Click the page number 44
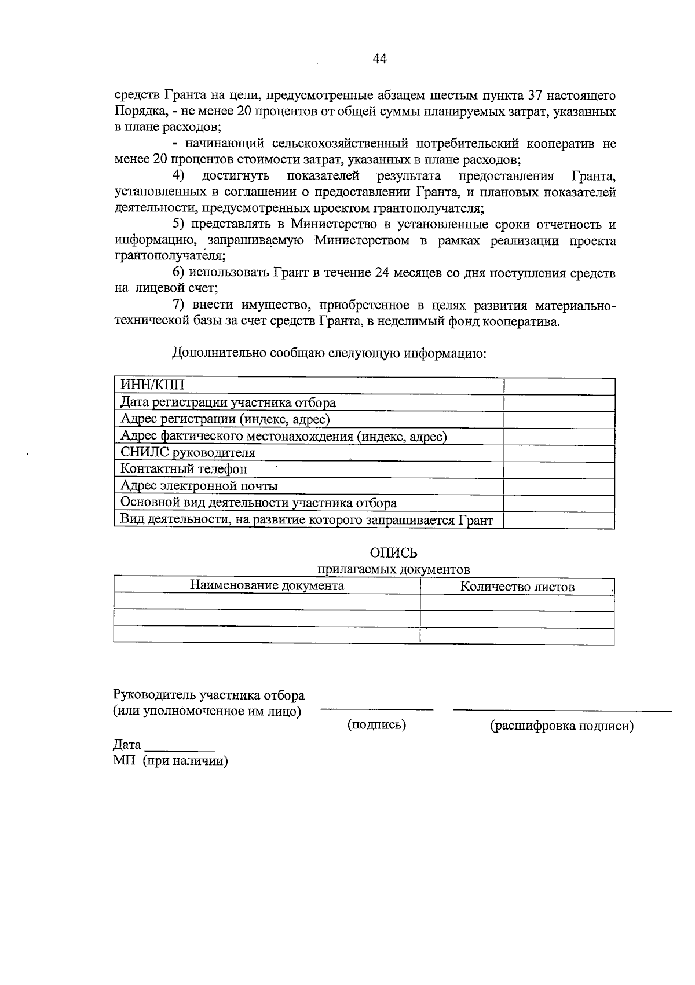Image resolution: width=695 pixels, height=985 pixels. pos(380,58)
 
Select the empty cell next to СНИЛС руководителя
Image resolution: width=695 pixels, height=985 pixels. pos(559,453)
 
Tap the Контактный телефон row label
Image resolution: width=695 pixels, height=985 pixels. pos(184,468)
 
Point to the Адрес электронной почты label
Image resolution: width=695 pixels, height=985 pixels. pos(199,486)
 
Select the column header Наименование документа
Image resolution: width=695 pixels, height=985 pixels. pos(267,585)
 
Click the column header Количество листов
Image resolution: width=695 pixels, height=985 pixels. pos(517,587)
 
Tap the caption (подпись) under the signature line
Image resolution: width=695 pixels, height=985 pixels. pos(376,724)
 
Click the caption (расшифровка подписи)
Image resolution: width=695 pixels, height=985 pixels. pos(562,726)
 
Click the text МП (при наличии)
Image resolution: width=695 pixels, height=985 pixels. pos(170,761)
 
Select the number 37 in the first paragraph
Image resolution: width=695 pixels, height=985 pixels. pos(536,95)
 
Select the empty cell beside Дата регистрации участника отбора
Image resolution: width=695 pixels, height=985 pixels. pos(559,403)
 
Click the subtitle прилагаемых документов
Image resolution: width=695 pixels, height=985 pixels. pos(393,569)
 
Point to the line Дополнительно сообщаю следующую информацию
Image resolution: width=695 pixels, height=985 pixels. pos(328,353)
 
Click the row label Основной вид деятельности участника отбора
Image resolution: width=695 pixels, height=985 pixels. pos(258,503)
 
